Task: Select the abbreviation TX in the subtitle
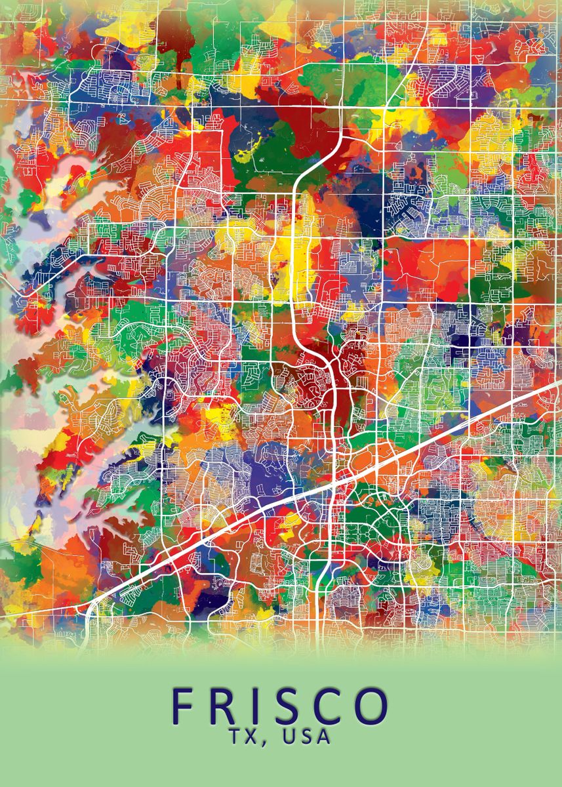(x=249, y=737)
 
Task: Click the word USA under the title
(x=307, y=737)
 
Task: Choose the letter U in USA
(x=289, y=737)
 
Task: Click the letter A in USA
(x=324, y=737)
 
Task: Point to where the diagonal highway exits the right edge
(x=557, y=387)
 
